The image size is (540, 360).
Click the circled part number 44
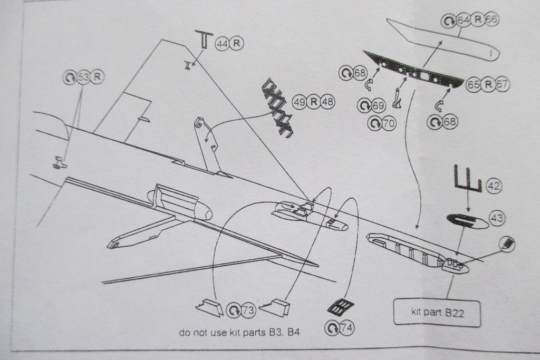(221, 44)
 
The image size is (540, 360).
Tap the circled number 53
(83, 77)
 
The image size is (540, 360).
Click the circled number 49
(300, 102)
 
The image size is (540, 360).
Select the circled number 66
(491, 20)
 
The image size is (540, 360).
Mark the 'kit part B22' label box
(437, 313)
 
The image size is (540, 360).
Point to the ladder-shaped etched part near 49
(278, 108)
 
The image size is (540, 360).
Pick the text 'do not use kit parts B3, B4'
(239, 333)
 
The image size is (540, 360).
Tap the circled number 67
(502, 84)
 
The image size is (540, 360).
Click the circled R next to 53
(97, 77)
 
